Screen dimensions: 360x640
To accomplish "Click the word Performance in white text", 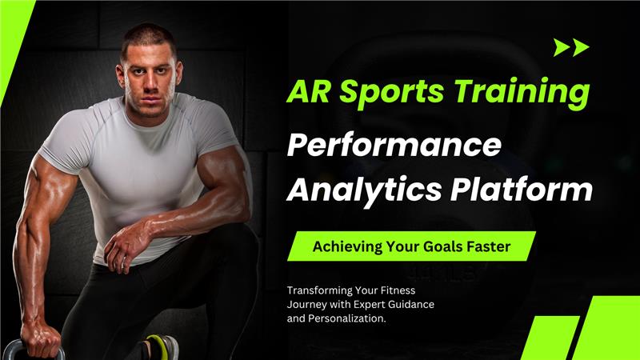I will click(x=394, y=147).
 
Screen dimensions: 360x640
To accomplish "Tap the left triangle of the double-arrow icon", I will click(x=562, y=47).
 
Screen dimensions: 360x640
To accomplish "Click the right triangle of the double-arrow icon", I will click(x=581, y=47).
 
